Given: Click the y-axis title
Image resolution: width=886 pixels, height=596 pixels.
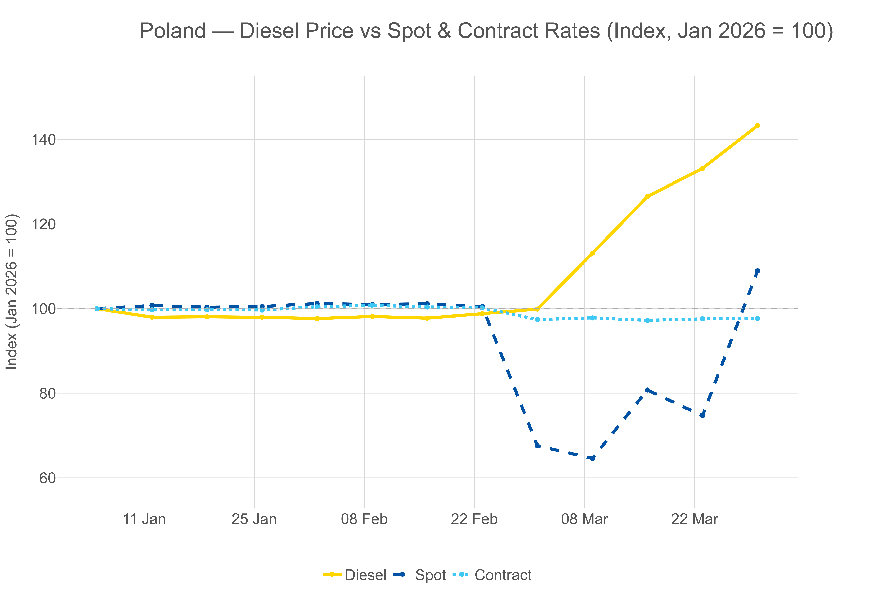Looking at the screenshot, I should (x=12, y=291).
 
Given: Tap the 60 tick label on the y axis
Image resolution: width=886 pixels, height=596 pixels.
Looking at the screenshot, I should (x=47, y=478).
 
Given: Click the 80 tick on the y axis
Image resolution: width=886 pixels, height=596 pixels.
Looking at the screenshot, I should (x=47, y=393).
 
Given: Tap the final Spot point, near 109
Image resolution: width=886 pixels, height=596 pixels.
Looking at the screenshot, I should (x=757, y=271).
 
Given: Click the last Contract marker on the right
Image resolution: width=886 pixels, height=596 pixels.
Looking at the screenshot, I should (x=757, y=319).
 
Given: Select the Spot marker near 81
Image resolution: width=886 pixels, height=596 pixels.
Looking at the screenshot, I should (x=647, y=390).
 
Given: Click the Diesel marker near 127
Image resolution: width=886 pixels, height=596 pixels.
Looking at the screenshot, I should (x=647, y=196).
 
